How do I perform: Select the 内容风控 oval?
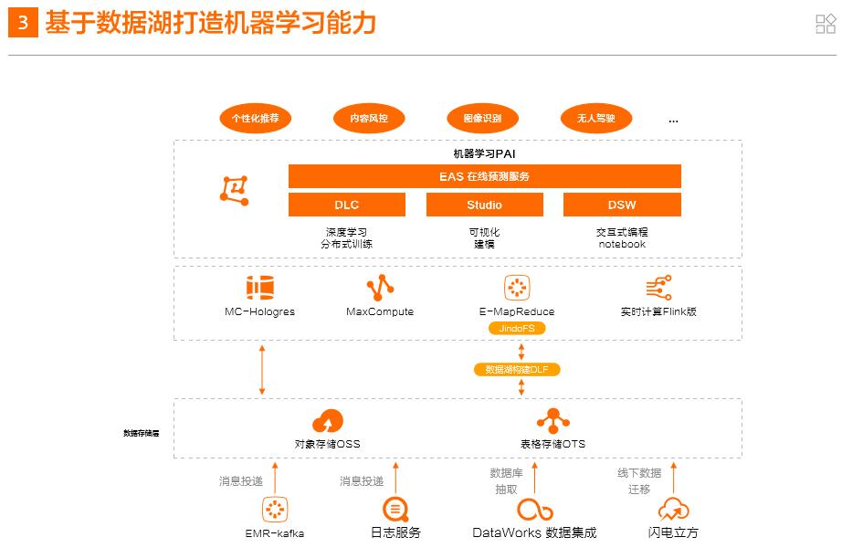(369, 118)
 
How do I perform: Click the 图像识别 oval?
(482, 118)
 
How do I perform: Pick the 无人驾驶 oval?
(595, 118)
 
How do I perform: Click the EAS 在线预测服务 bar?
(484, 176)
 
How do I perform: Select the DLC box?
(346, 205)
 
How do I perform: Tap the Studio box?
(484, 205)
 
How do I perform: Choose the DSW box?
(622, 205)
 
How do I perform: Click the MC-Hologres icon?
(260, 289)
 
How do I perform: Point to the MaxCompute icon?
(380, 289)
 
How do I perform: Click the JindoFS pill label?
(517, 328)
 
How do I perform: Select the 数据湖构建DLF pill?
(517, 370)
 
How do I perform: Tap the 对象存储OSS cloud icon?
(327, 422)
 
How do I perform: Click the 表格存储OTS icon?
(553, 421)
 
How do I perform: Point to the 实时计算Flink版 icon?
(658, 289)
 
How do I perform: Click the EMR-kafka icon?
(275, 510)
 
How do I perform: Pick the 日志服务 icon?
(395, 510)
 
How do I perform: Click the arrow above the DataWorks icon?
(534, 477)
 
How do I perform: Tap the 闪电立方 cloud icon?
(673, 510)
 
